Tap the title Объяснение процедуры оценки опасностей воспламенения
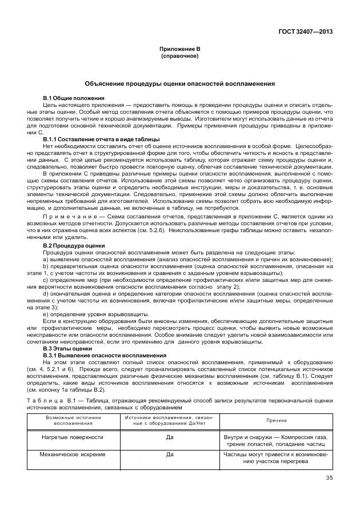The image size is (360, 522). tap(179, 83)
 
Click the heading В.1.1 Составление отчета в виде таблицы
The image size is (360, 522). tap(102, 139)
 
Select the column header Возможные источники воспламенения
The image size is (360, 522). tap(69, 421)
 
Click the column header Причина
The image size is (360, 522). tap(277, 421)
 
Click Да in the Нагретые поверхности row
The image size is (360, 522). tap(169, 437)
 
